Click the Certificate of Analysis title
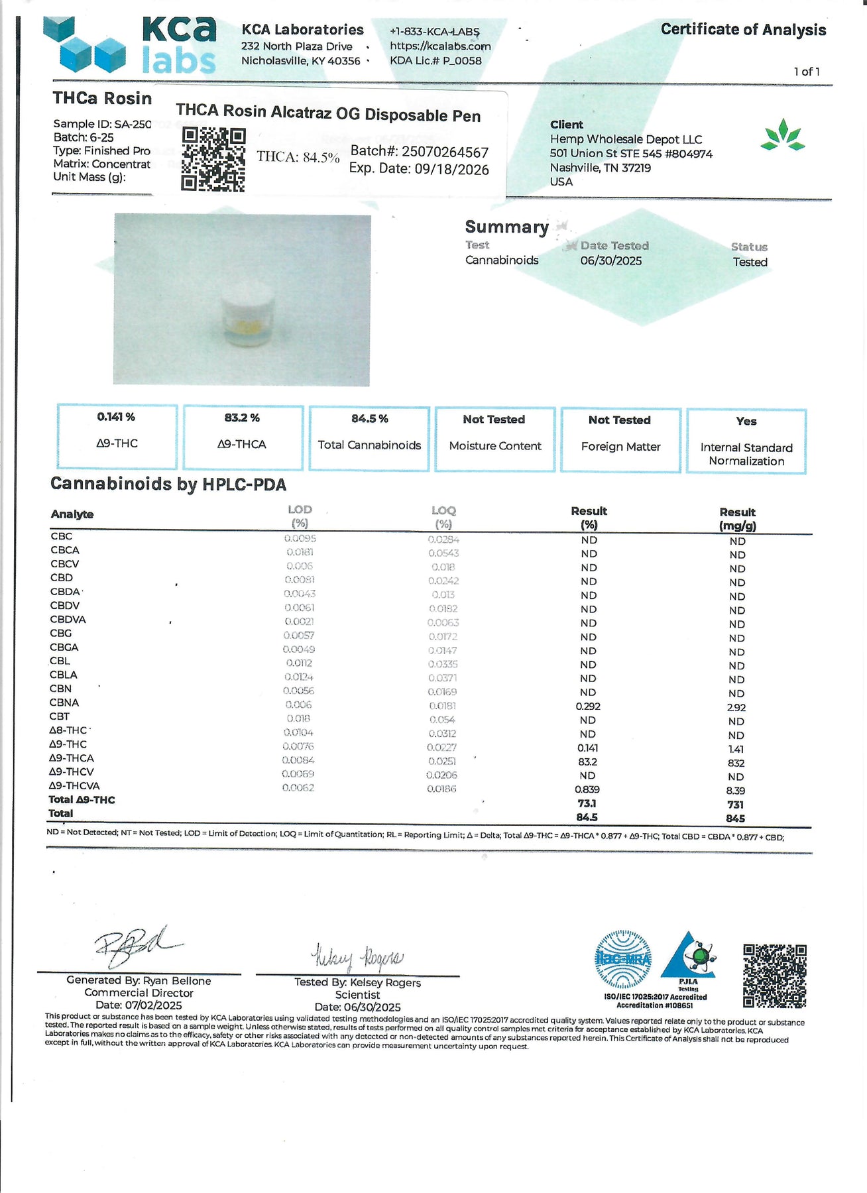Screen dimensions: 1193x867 click(743, 30)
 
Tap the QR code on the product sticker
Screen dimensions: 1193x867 click(213, 160)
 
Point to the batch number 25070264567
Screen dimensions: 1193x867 click(445, 152)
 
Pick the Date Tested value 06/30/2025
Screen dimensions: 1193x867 click(611, 261)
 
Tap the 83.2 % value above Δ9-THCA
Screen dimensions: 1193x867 click(242, 418)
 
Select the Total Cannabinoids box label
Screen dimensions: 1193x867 click(369, 445)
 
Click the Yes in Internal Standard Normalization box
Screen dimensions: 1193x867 click(746, 422)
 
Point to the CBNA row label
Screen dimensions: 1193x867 click(64, 703)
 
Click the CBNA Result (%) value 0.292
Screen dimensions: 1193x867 click(588, 707)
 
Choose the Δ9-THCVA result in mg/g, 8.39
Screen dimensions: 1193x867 click(736, 791)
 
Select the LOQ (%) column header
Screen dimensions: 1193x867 click(443, 517)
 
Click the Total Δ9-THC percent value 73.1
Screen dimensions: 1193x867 click(587, 804)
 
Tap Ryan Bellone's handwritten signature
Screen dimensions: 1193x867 click(136, 944)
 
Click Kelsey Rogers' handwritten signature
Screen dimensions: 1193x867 click(357, 957)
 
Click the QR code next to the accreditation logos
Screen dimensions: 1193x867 click(774, 976)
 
